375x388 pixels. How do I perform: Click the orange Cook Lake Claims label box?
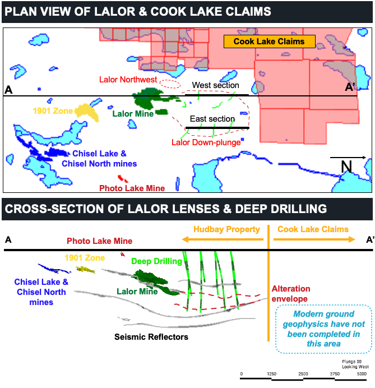point(269,41)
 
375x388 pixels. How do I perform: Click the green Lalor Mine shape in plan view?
point(149,99)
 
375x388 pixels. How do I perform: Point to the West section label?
point(212,85)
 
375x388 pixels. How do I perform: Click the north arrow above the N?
point(348,158)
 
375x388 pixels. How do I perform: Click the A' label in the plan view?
point(351,88)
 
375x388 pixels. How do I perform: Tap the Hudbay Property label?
point(226,229)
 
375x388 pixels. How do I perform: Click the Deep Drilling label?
point(156,261)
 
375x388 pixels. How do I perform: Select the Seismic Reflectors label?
point(151,337)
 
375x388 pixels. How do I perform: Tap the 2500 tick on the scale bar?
point(303,373)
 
